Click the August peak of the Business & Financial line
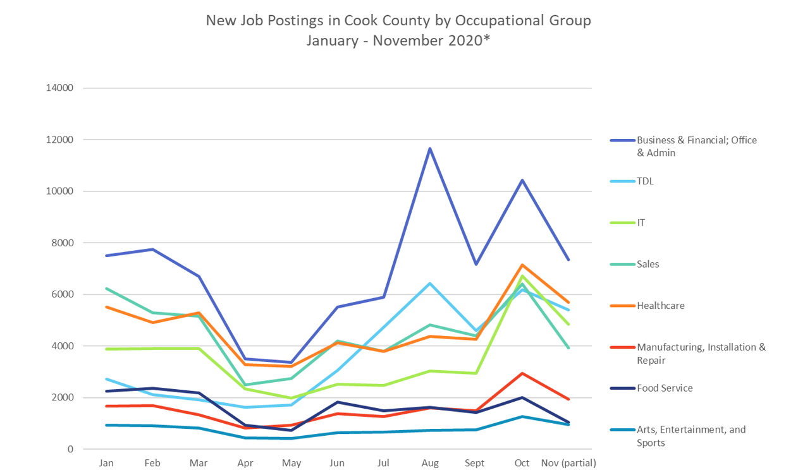pos(430,148)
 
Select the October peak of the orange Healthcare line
pos(522,265)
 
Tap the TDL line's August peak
pos(430,284)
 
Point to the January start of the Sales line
pos(107,289)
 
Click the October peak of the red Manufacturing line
pos(522,373)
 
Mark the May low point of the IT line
pos(292,398)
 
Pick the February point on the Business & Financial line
pos(153,250)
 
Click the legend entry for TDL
pos(645,181)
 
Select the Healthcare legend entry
pos(660,306)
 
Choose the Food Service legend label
pos(665,388)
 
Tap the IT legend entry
pos(641,223)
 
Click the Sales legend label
pos(648,264)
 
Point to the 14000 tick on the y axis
pos(59,88)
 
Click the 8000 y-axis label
pos(62,243)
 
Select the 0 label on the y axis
pos(71,450)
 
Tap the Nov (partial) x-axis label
pos(568,463)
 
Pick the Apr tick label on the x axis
pos(245,463)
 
